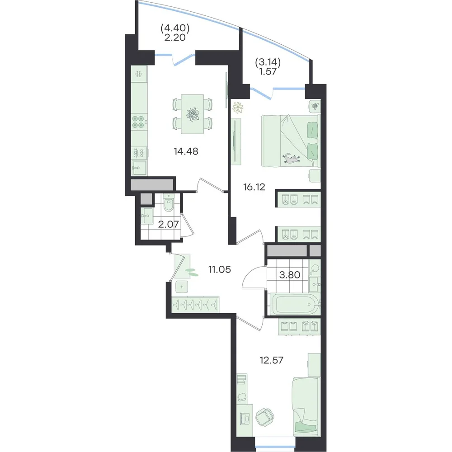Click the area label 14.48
coord(186,151)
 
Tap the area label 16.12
coord(254,187)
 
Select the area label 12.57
coord(271,360)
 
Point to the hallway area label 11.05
coord(220,269)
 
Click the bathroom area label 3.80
coord(289,275)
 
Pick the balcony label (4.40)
coord(175,28)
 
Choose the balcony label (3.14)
coord(268,62)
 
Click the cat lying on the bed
coord(291,159)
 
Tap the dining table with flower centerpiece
coord(192,114)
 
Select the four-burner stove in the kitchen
coord(138,121)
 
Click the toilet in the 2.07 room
coord(168,202)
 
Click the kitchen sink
coord(139,168)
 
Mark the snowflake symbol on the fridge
coord(139,74)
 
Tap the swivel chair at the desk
coord(264,417)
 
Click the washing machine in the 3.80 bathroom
coord(315,268)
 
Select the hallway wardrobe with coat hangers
coord(195,304)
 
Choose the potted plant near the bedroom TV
coord(238,108)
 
